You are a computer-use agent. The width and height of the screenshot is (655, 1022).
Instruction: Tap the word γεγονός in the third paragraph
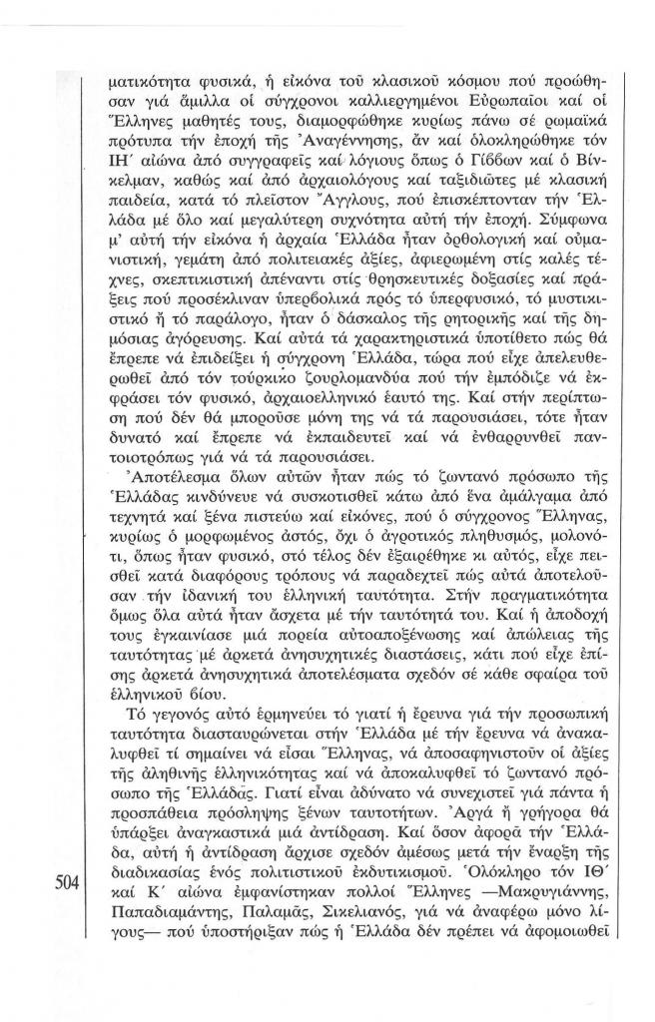[x=196, y=721]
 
